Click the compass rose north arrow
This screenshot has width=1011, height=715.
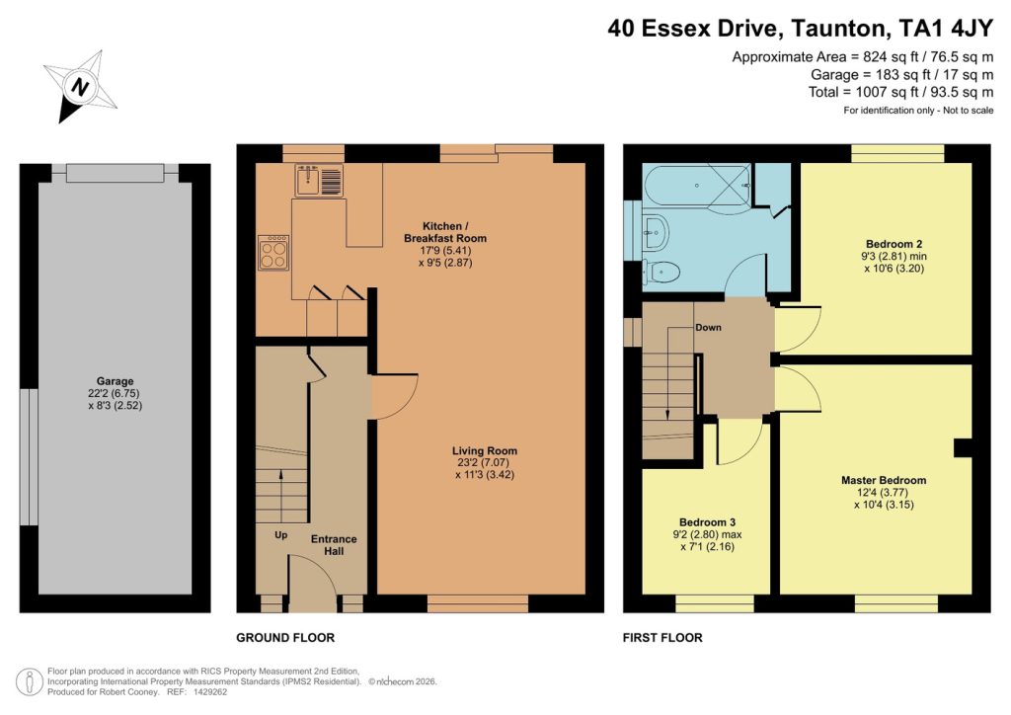(78, 86)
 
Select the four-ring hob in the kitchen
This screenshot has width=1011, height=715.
(273, 253)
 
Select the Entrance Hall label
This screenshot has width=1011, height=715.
(334, 545)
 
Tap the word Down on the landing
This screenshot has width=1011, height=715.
(707, 327)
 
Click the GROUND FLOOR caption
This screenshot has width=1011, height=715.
(285, 638)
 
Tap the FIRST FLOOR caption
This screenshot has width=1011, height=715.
(662, 638)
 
